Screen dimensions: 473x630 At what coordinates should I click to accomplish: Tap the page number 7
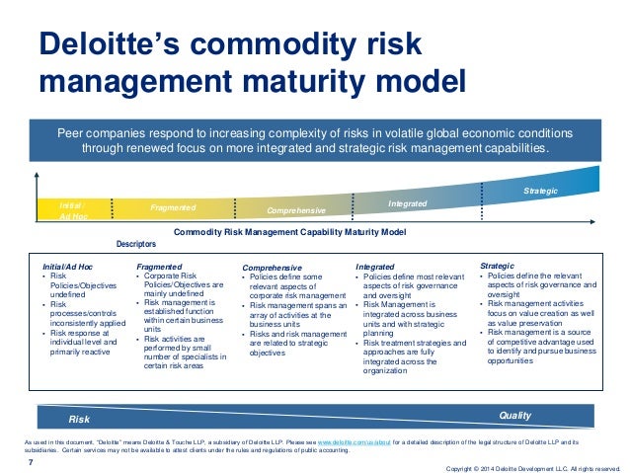point(30,458)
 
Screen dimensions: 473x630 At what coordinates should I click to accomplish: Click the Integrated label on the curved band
point(407,203)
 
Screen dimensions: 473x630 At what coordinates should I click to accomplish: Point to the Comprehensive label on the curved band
point(297,211)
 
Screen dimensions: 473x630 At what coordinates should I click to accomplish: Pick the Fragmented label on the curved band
point(173,208)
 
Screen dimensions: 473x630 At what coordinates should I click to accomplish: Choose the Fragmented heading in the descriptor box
point(159,267)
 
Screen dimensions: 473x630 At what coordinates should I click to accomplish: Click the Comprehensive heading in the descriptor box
point(274,268)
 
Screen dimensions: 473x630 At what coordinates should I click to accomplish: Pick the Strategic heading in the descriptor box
point(496,266)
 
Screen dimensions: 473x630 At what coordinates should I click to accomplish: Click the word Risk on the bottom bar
point(79,420)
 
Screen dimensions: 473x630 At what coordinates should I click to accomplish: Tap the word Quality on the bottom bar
point(514,416)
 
